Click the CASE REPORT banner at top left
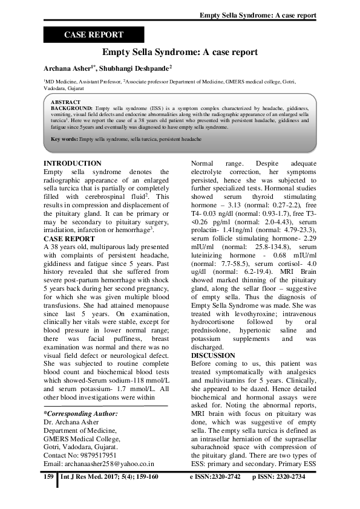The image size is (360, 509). click(x=93, y=35)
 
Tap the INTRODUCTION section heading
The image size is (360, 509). click(x=73, y=163)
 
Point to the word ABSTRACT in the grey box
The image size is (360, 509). click(x=67, y=103)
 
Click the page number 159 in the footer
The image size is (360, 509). click(x=49, y=478)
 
